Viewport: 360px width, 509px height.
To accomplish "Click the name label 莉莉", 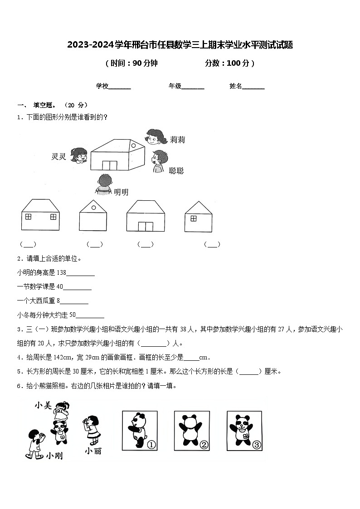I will pos(177,140).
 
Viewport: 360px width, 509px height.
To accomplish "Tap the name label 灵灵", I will pos(59,157).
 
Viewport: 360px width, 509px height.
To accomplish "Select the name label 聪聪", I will pos(176,171).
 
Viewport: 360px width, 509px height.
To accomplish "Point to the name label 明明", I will pos(121,192).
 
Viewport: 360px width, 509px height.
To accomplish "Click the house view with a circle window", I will pos(93,217).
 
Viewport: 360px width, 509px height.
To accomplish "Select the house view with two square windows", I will pos(40,216).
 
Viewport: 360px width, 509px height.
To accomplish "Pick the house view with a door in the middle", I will pos(146,217).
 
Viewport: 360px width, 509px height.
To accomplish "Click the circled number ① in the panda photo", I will pos(151,445).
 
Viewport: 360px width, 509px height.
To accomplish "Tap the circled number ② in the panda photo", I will pos(204,445).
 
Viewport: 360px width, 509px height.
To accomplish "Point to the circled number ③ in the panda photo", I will pos(257,445).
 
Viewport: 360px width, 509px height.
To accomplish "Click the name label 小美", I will pos(44,405).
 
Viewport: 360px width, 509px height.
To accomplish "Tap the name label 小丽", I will pos(93,451).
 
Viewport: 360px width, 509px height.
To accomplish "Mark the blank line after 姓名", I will pos(253,87).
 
